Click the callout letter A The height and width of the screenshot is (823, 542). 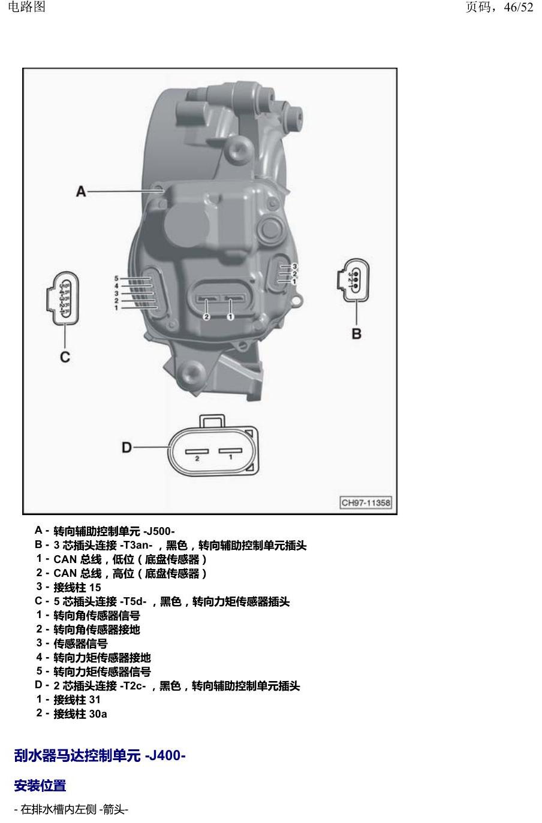[x=81, y=192]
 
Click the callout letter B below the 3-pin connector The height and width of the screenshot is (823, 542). [x=356, y=334]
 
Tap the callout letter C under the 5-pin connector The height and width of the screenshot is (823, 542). [x=65, y=357]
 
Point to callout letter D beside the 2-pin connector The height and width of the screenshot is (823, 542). [x=127, y=447]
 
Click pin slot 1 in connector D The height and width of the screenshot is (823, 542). [x=230, y=450]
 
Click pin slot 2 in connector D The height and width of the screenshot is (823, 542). [x=197, y=451]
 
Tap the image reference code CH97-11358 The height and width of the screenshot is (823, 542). [x=366, y=503]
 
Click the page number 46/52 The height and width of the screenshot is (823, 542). [x=519, y=7]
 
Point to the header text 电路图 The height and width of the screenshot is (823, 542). [x=26, y=7]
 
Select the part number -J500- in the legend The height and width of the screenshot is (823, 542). [x=159, y=531]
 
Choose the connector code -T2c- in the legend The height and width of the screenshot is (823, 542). [x=133, y=686]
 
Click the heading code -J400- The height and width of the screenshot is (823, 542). [x=165, y=755]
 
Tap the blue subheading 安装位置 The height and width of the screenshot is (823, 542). [x=40, y=786]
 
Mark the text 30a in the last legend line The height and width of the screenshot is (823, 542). [x=98, y=714]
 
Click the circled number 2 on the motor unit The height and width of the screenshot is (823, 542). [x=206, y=316]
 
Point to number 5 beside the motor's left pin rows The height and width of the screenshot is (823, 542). [x=116, y=279]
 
